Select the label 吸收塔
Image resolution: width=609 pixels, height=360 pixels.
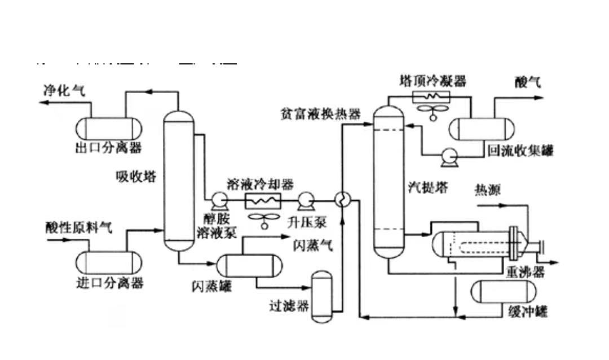(135, 177)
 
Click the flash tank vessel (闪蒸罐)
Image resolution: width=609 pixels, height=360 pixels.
(250, 265)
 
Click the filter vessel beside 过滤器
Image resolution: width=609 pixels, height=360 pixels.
(322, 297)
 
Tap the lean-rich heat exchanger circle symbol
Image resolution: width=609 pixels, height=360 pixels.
(342, 199)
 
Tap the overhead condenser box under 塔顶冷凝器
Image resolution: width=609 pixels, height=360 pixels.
(433, 96)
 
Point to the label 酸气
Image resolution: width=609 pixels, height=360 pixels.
(527, 82)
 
